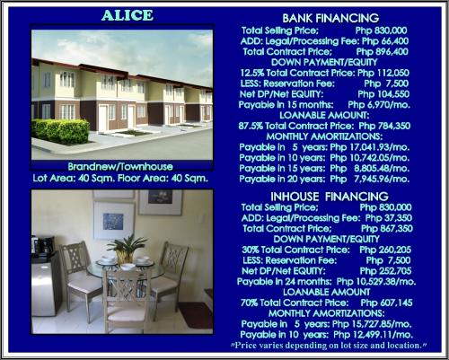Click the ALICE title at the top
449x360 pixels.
[x=128, y=15]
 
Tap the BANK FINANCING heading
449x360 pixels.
[x=330, y=18]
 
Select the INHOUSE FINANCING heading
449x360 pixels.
[x=330, y=197]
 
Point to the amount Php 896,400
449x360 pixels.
[x=383, y=52]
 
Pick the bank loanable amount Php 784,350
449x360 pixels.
[x=384, y=126]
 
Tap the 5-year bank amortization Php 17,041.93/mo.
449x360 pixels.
[x=370, y=147]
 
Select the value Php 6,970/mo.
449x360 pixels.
[x=379, y=105]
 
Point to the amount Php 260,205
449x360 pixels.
[x=385, y=250]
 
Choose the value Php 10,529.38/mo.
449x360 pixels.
[x=376, y=282]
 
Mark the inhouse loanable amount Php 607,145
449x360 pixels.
[x=386, y=303]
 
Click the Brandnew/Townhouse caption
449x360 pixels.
[x=120, y=167]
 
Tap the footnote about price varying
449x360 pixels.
[x=329, y=346]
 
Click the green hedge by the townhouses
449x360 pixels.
[x=60, y=131]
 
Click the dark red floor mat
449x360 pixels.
[x=195, y=314]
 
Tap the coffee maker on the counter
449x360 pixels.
[x=43, y=245]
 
